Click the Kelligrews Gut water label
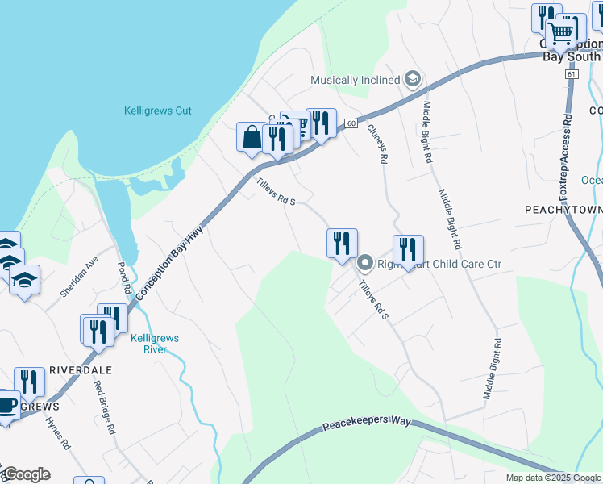(x=157, y=111)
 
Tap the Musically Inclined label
(x=356, y=80)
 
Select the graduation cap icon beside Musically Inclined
(x=413, y=79)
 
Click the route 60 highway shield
(x=351, y=123)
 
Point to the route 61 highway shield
(x=572, y=73)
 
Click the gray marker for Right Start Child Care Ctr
(x=364, y=263)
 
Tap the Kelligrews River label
(x=148, y=344)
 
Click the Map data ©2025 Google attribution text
(x=552, y=478)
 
